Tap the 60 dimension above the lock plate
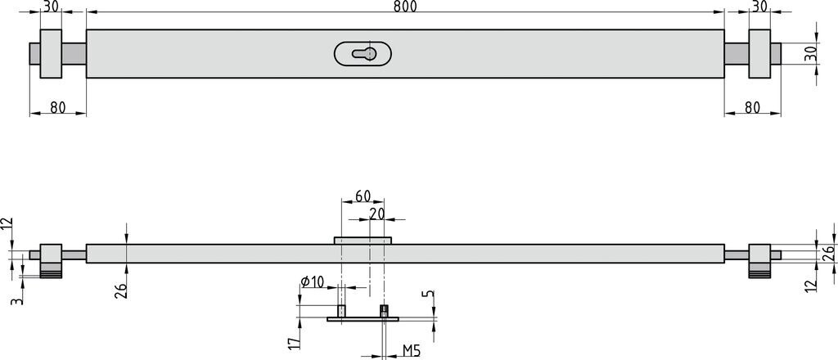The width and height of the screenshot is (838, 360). (x=363, y=196)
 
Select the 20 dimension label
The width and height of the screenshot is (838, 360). (x=376, y=213)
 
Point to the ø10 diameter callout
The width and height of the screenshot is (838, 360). (x=312, y=282)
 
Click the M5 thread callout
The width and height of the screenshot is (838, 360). (x=412, y=350)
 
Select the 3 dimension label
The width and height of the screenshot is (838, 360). (x=17, y=301)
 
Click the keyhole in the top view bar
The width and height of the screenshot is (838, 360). (x=364, y=53)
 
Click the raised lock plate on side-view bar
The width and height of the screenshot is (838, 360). (x=363, y=241)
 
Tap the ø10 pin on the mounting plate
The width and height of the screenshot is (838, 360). (x=341, y=310)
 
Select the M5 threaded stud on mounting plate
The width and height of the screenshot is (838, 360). (x=384, y=311)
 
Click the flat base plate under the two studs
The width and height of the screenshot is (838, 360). (x=363, y=319)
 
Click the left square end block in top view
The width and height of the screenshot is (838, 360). (x=51, y=53)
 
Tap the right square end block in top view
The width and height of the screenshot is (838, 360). (x=759, y=53)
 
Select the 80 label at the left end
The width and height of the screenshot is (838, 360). (x=58, y=107)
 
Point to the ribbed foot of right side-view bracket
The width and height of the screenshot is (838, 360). (x=759, y=274)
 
